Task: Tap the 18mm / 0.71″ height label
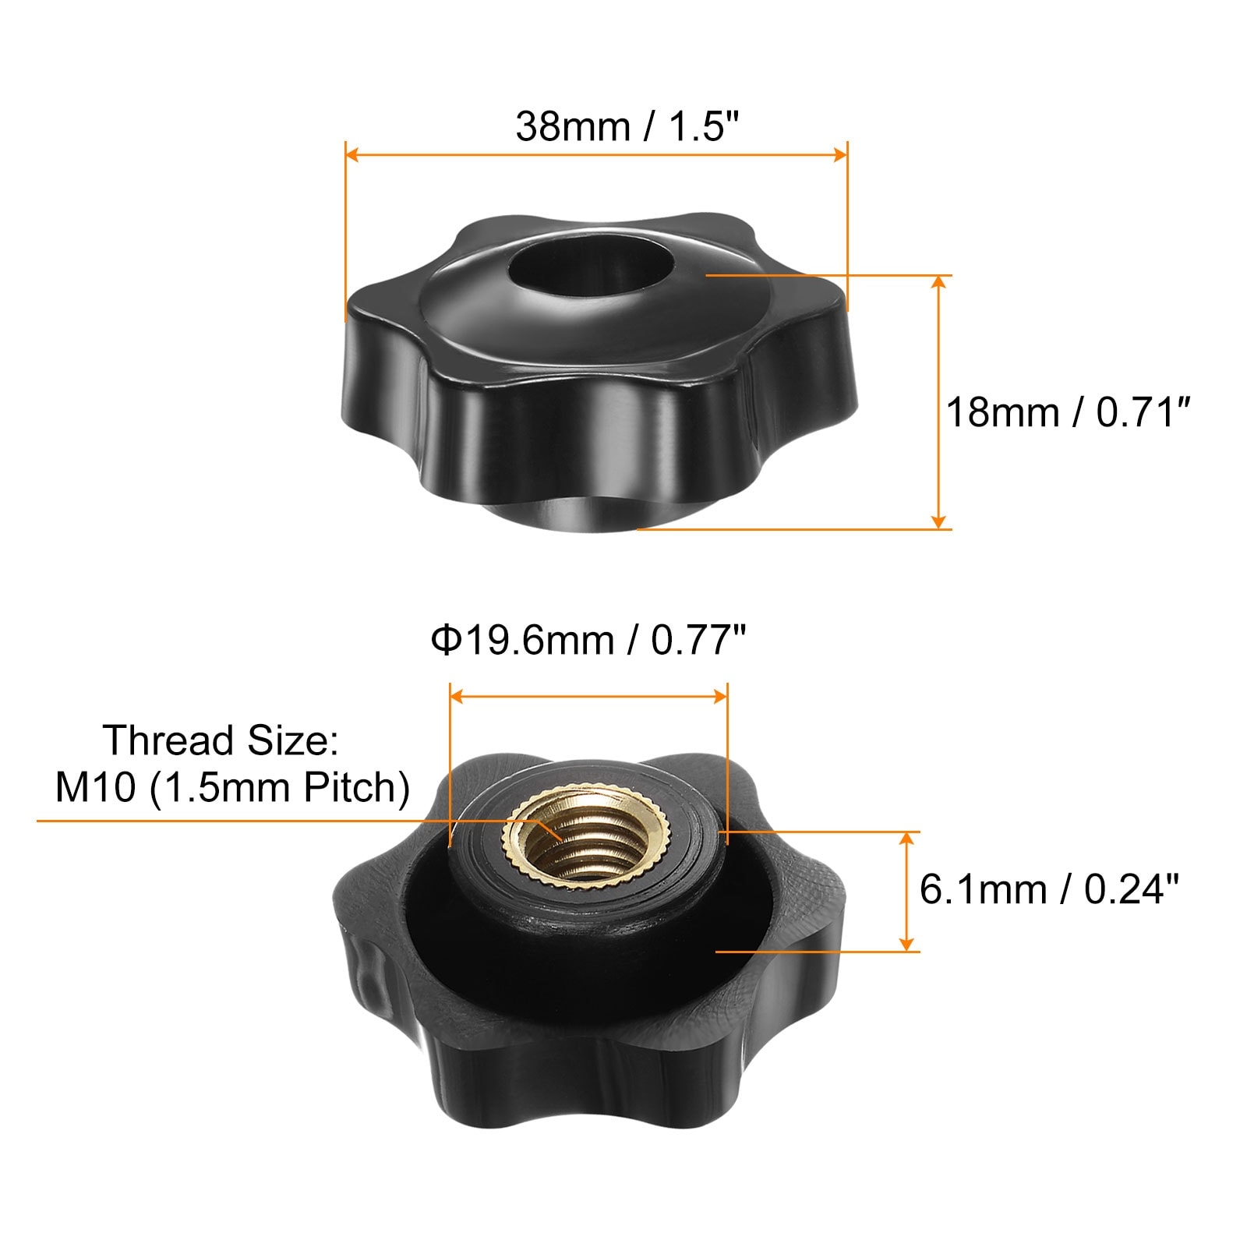coord(1069,412)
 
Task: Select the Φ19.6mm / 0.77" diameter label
coord(588,641)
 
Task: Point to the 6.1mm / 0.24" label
coord(1049,889)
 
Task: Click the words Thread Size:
coord(221,740)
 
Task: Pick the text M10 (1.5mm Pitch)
coord(232,788)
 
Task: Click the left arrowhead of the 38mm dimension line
coord(351,154)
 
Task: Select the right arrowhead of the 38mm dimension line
coord(840,154)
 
